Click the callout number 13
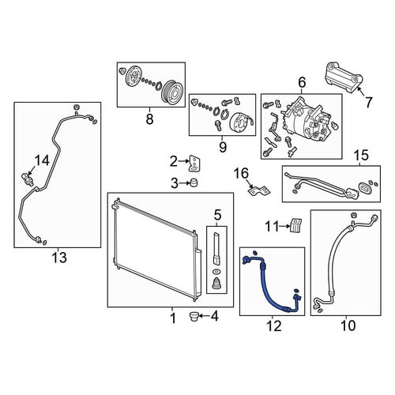coord(59,258)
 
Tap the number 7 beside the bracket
coord(368,102)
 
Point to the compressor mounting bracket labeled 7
coord(344,77)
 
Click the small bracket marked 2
coord(194,164)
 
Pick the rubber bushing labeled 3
coord(194,182)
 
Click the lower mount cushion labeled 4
coord(194,315)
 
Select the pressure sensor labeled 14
coord(27,179)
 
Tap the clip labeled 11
coord(296,225)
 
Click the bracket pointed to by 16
coord(259,190)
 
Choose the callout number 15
coord(362,156)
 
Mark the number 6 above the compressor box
coord(302,82)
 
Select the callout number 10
coord(348,325)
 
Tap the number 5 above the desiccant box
coord(217,215)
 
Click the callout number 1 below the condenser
coord(172,318)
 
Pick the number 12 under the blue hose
coord(273,325)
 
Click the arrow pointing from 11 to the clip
coord(284,226)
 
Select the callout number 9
coord(223,147)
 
